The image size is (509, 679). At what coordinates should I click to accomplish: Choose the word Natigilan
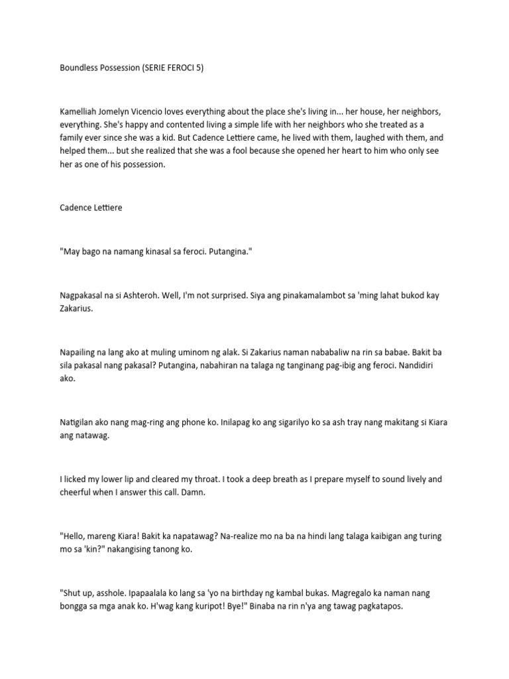tap(80, 424)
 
